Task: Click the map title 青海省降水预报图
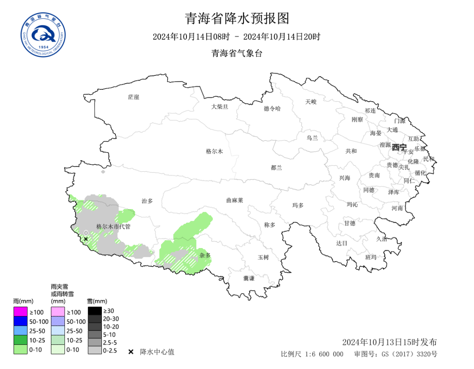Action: click(237, 18)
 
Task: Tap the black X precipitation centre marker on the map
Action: click(86, 239)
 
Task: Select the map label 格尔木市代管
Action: click(113, 227)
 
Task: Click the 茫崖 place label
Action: click(133, 97)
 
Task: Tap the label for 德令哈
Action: click(272, 108)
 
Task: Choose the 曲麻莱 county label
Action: click(234, 200)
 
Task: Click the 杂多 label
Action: click(205, 255)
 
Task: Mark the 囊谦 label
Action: click(249, 278)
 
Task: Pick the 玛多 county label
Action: click(298, 205)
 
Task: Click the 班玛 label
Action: click(371, 257)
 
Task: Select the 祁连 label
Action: click(370, 110)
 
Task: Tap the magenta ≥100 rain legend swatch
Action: click(20, 312)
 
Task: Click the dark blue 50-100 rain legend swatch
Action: click(20, 321)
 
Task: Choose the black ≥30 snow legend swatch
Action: click(94, 311)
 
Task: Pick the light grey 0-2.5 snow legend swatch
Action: click(94, 350)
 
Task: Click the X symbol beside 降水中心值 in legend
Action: click(131, 352)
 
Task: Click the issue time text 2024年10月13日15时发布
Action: click(389, 342)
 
